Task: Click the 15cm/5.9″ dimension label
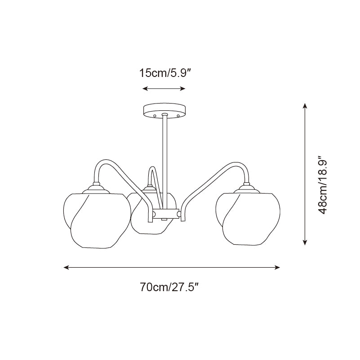(x=165, y=73)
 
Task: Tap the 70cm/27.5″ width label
(x=169, y=287)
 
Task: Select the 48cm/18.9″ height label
(x=321, y=185)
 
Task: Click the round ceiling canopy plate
(x=164, y=110)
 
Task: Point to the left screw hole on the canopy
(x=155, y=115)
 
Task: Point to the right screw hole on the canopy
(x=178, y=115)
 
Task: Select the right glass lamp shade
(x=248, y=218)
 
